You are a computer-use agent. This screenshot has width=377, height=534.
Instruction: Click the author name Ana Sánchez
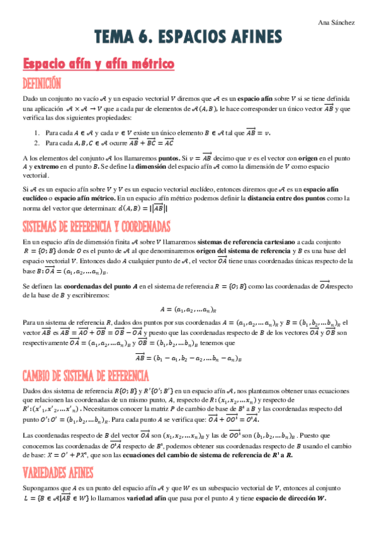click(337, 23)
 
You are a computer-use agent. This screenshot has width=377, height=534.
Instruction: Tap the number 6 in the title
click(140, 40)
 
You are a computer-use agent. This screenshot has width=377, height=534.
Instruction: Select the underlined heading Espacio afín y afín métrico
click(98, 64)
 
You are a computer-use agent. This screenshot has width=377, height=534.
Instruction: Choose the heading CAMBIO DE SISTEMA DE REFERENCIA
click(85, 377)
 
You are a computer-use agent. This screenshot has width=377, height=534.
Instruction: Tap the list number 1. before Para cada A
click(38, 133)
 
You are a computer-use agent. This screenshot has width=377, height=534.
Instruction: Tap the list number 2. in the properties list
click(38, 143)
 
